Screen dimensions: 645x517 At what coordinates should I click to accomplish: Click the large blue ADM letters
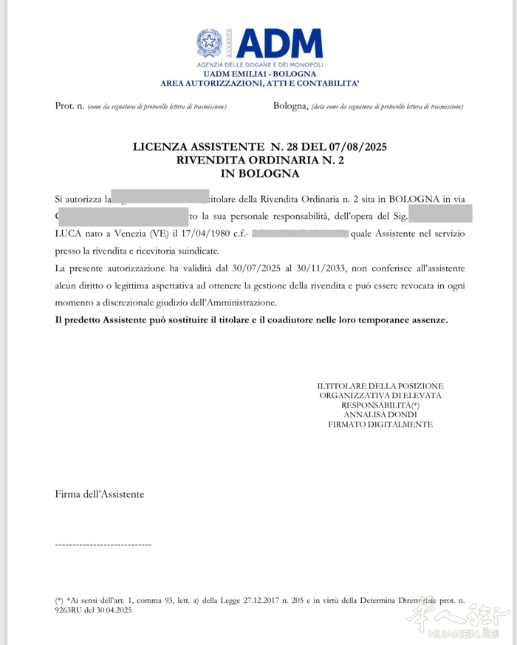[278, 44]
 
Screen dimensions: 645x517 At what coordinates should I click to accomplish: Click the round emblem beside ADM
[209, 43]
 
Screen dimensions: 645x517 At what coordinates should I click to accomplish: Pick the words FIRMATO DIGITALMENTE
[380, 425]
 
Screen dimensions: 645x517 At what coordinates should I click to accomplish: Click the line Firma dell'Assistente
[100, 493]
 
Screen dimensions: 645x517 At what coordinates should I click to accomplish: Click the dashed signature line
[103, 544]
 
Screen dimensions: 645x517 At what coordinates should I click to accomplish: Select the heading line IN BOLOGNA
[259, 174]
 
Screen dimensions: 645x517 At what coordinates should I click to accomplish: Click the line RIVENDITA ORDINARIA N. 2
[259, 161]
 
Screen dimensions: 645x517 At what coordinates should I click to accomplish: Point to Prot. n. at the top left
[69, 107]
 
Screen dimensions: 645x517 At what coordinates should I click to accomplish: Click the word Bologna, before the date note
[290, 107]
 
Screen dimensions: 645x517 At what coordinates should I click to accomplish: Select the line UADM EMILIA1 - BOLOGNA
[259, 74]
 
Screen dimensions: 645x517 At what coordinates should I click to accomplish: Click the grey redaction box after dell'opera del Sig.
[439, 216]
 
